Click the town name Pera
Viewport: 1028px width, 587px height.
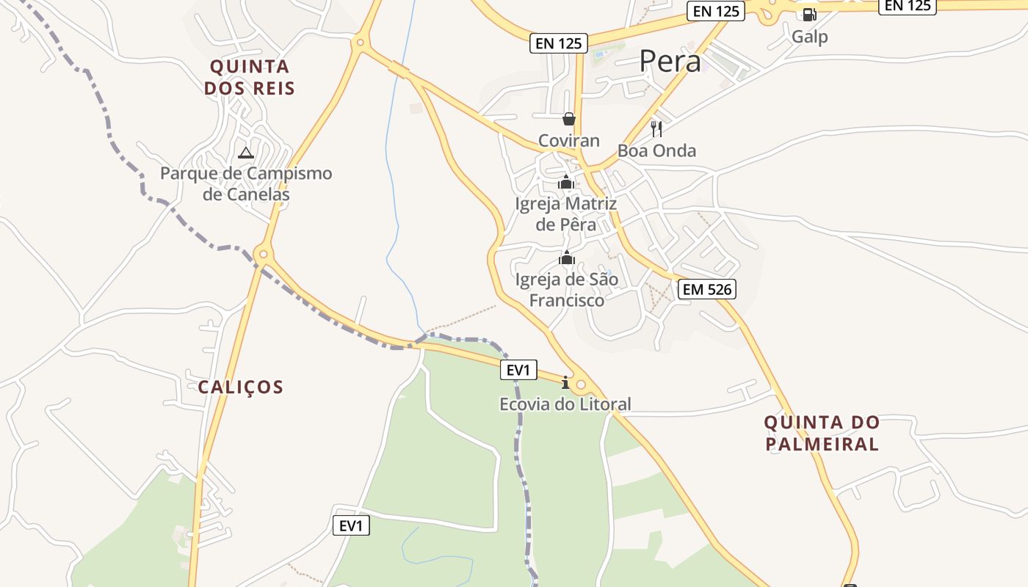pos(670,62)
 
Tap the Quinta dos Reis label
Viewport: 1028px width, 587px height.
pos(250,77)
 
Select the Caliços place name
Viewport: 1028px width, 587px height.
pos(240,387)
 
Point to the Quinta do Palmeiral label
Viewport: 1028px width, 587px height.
pos(822,433)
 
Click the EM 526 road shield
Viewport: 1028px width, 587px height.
pos(706,289)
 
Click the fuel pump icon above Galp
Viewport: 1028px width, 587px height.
pos(809,14)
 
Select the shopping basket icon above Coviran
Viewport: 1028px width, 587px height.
pos(568,118)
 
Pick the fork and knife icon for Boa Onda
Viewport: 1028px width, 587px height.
pos(656,129)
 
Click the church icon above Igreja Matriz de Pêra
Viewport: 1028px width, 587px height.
pos(565,182)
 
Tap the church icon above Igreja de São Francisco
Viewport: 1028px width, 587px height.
pos(566,258)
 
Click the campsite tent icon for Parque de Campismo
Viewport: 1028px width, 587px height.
pos(245,153)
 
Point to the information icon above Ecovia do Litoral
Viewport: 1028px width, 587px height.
pos(565,382)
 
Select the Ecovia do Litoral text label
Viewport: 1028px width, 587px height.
pos(565,404)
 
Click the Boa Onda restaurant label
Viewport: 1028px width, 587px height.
pos(656,151)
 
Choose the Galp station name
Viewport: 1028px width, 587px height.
pos(809,37)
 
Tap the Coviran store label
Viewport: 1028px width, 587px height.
pos(568,140)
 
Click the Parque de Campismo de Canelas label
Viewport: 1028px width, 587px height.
pos(246,184)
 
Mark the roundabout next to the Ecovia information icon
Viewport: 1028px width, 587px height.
pos(582,384)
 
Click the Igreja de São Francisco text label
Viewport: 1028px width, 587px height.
pos(566,290)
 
